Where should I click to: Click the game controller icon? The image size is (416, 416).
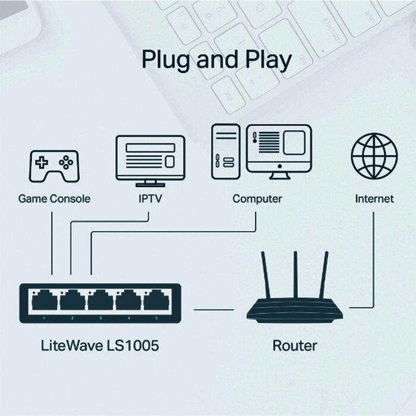(53, 165)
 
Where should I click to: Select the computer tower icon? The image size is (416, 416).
(226, 151)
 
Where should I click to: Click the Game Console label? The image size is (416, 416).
(54, 198)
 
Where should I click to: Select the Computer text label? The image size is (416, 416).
(257, 198)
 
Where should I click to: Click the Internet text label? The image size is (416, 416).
(374, 198)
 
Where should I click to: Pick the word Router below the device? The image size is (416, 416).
(295, 345)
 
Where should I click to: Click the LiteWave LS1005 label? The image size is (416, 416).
(100, 345)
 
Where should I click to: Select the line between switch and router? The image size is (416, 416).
(213, 310)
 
